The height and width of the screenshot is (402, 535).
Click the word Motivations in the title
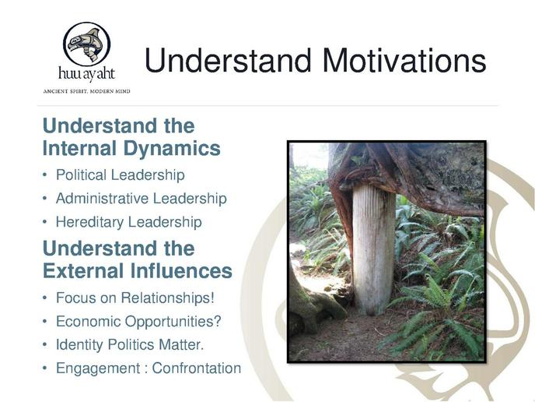click(x=404, y=61)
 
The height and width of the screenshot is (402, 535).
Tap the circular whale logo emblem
click(x=86, y=44)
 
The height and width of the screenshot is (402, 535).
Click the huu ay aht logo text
click(x=86, y=74)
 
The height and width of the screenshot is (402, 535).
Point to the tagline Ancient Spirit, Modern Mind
click(x=86, y=91)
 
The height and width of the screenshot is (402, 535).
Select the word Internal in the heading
click(x=80, y=148)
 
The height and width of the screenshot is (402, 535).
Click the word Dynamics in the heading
click(x=172, y=149)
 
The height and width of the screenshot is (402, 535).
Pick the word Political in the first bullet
click(x=81, y=175)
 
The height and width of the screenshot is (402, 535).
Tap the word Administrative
click(x=102, y=199)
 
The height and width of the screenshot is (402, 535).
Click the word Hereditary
click(x=89, y=222)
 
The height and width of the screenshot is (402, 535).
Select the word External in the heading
click(x=83, y=271)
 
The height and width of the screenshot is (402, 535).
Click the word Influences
click(x=181, y=271)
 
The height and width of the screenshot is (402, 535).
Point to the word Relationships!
click(x=168, y=298)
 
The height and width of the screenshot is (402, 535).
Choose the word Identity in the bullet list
click(x=79, y=344)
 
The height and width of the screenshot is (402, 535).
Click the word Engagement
click(x=98, y=368)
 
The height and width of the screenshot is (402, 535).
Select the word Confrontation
click(x=197, y=368)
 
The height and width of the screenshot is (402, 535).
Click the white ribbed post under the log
click(x=373, y=249)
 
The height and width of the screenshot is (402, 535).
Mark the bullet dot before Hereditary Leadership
click(x=44, y=222)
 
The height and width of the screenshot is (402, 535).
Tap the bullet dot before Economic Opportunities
click(x=44, y=322)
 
